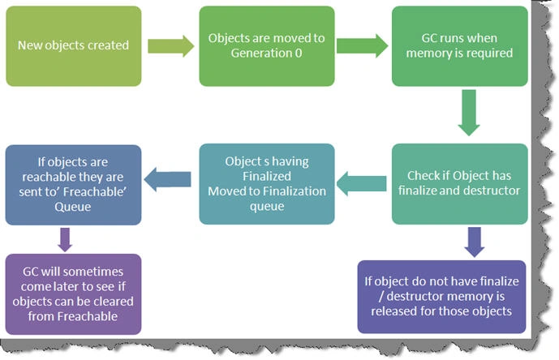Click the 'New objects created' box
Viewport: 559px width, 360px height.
point(74,46)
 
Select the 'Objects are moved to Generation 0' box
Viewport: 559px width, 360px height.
point(267,46)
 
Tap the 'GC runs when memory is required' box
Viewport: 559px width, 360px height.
point(459,46)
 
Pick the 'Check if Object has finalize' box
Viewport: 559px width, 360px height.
point(459,184)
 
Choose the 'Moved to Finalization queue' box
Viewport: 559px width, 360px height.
point(267,184)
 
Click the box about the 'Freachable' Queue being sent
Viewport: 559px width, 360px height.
point(74,185)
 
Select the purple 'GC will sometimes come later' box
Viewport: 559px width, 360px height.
point(74,294)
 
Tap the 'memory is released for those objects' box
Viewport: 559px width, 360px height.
point(441,297)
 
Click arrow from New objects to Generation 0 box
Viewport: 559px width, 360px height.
point(170,46)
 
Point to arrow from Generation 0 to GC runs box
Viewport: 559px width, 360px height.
point(362,46)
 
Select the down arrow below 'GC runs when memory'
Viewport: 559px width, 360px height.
point(469,113)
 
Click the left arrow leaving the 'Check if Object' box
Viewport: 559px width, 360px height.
point(361,183)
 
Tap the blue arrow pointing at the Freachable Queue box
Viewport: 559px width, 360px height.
point(168,179)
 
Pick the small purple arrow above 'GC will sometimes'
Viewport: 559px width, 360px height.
point(65,239)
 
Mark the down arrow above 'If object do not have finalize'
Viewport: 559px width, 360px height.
point(474,242)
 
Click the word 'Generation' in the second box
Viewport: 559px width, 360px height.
point(261,54)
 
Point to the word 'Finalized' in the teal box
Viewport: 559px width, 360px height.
point(267,176)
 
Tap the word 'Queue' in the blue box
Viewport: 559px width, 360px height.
point(73,207)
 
